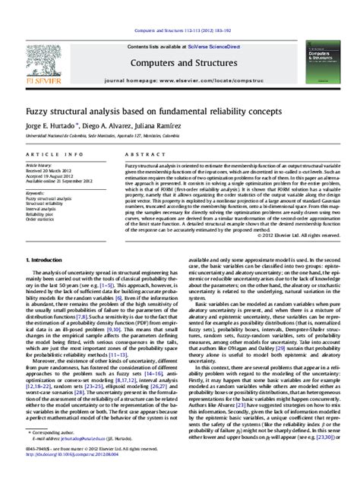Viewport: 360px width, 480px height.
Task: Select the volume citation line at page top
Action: coord(179,8)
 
